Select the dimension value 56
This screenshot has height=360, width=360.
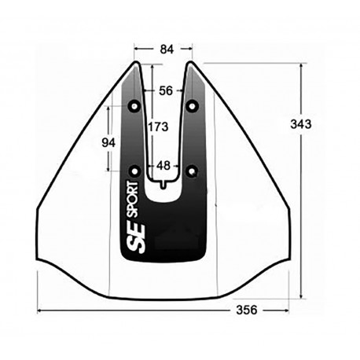165,90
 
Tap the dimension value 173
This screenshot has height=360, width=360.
158,125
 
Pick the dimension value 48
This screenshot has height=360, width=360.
163,166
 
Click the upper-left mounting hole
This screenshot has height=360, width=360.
134,105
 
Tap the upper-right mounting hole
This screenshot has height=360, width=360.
193,105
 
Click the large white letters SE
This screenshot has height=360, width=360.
132,237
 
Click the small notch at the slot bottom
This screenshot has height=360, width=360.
163,184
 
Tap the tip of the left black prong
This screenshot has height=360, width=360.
140,63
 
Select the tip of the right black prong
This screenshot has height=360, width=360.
189,63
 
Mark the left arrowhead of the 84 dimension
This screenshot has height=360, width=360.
135,49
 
